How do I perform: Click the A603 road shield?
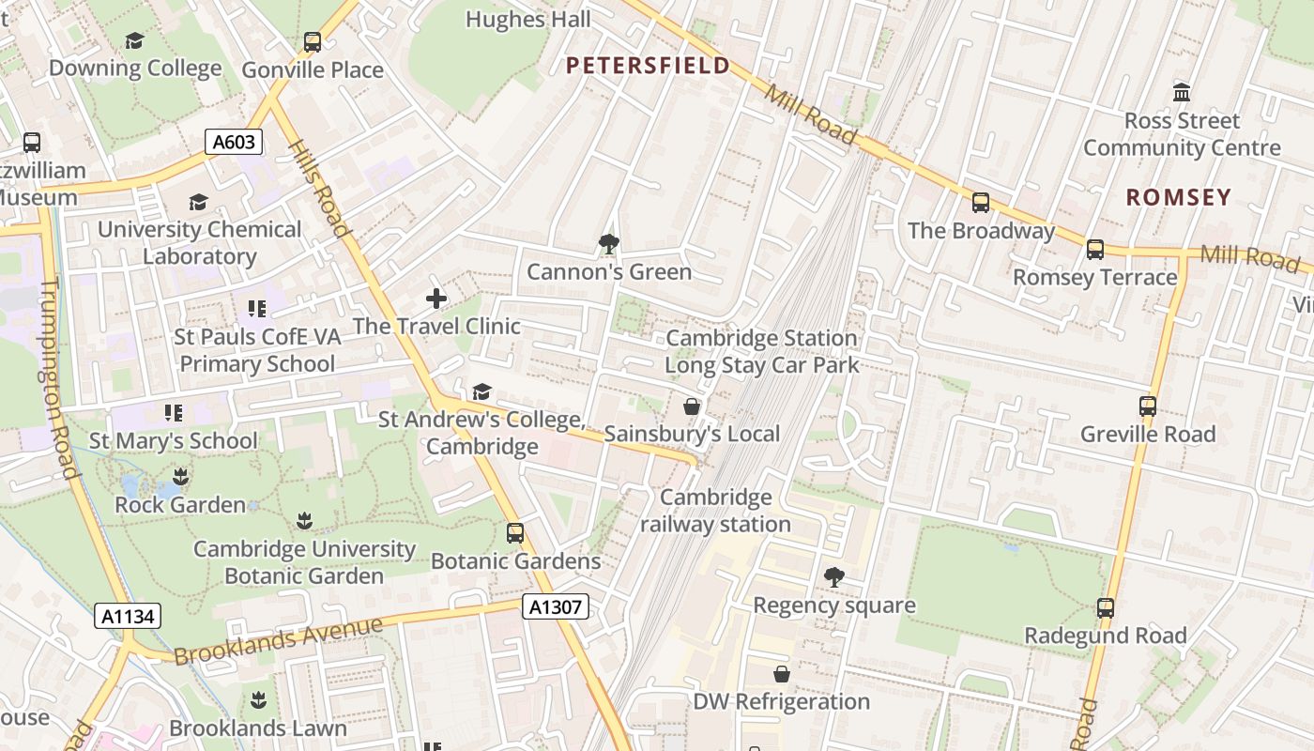[x=234, y=143]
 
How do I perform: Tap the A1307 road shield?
[x=556, y=607]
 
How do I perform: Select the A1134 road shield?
[x=129, y=617]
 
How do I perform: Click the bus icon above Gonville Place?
[x=313, y=42]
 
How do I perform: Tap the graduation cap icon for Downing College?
[x=135, y=40]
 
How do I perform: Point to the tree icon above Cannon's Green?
[x=609, y=244]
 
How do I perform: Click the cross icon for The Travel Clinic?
[x=436, y=299]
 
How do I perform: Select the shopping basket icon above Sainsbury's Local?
[x=692, y=406]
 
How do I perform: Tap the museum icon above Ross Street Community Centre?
[x=1182, y=93]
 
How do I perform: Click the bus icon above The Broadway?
[x=981, y=203]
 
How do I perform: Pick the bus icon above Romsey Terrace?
[x=1095, y=250]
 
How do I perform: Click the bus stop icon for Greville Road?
[x=1148, y=406]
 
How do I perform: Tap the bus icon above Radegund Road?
[x=1106, y=608]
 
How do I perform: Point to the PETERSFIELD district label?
[x=648, y=65]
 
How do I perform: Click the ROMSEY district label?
[x=1178, y=197]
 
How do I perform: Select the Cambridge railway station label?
[x=715, y=511]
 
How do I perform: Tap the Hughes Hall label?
[x=528, y=19]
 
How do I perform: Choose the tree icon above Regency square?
[x=833, y=577]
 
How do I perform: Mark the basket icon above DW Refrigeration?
[x=781, y=674]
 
